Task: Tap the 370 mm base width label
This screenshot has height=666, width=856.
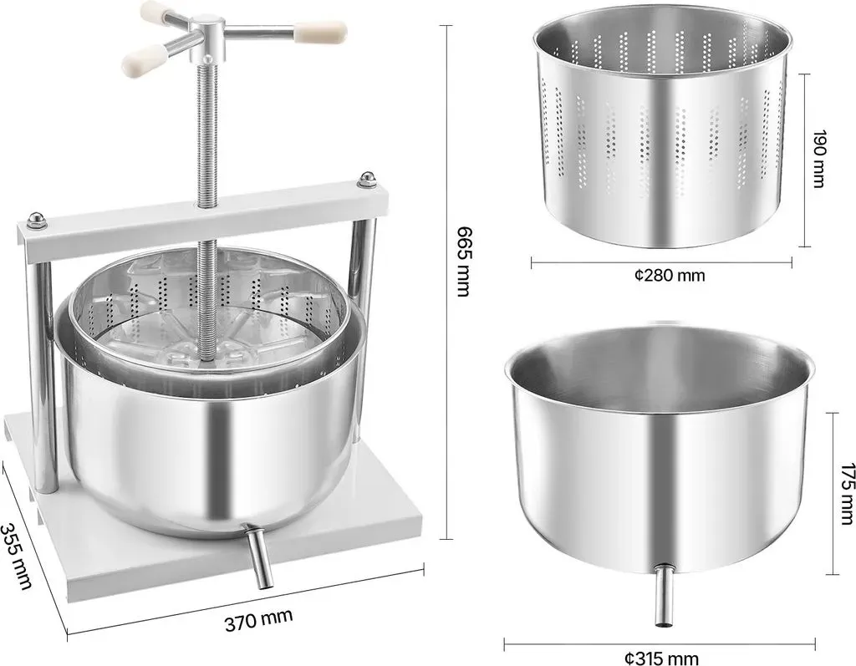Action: coord(259,619)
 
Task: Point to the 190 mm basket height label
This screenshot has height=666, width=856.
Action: coord(818,159)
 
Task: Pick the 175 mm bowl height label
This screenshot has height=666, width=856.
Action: coord(847,493)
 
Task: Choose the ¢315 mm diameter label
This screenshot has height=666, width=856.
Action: coord(662,658)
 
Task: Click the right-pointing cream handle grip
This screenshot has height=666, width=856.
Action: coord(320,33)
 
